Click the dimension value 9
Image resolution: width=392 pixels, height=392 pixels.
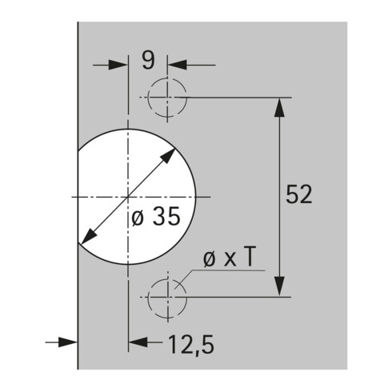click(x=148, y=60)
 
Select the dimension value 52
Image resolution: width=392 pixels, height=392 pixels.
click(x=298, y=194)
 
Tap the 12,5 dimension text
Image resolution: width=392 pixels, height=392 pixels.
click(x=191, y=344)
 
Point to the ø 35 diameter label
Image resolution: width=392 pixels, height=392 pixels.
click(x=156, y=217)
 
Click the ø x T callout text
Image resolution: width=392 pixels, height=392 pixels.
click(x=230, y=257)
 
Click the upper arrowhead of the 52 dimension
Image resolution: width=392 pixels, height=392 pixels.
click(x=279, y=107)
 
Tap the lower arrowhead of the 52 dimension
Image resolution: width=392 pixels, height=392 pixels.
click(x=279, y=286)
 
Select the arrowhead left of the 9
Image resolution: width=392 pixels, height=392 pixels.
click(x=118, y=65)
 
